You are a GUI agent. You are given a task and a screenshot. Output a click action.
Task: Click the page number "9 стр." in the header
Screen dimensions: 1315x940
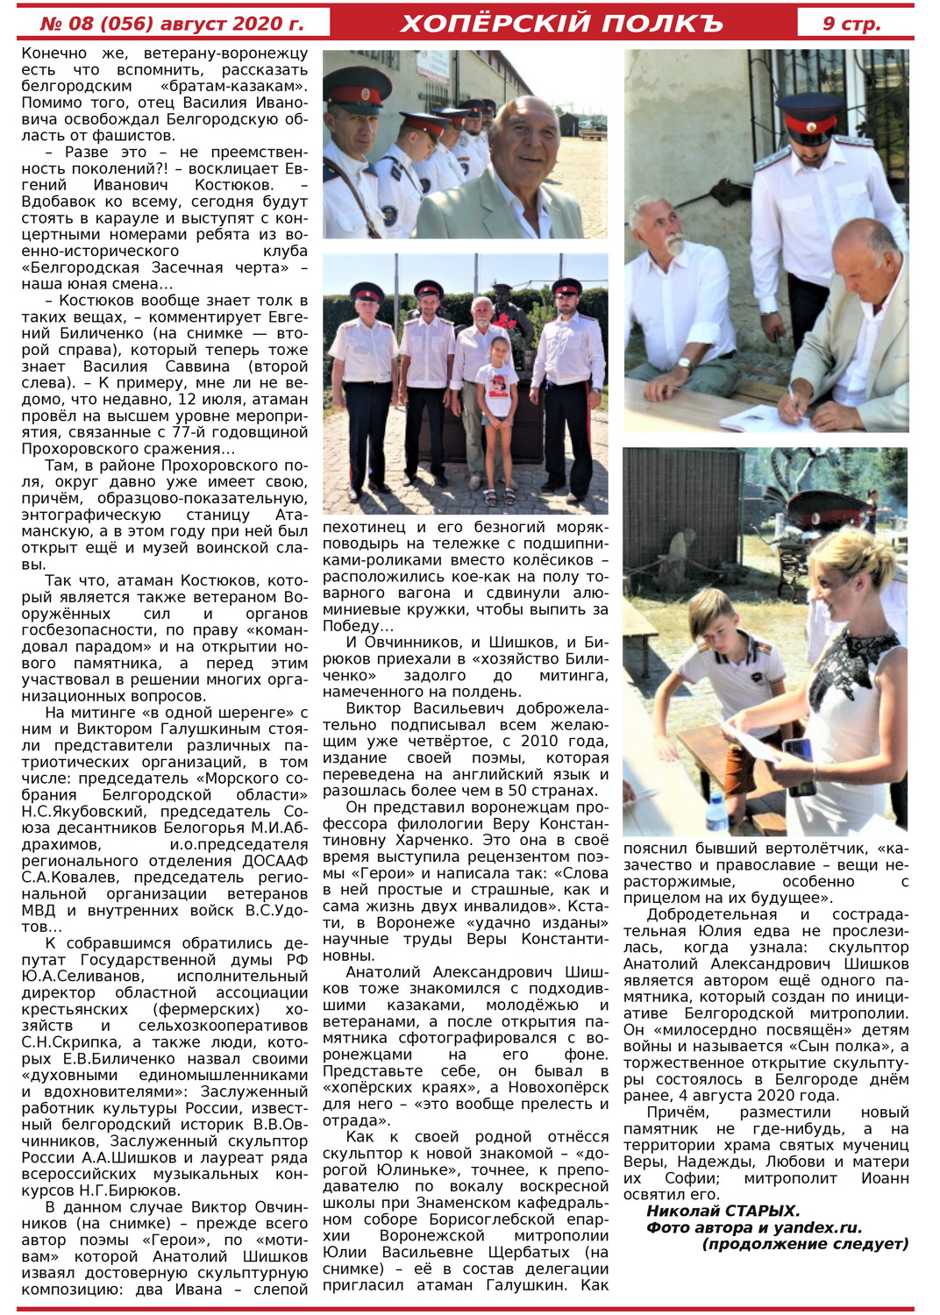pos(851,24)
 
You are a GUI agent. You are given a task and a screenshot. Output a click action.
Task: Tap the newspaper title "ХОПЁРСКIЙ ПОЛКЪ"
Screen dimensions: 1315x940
pos(561,24)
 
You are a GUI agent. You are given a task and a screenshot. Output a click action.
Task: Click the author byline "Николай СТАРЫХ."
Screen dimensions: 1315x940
pos(723,1212)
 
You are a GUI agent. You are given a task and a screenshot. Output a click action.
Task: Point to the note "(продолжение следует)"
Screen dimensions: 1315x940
pos(805,1244)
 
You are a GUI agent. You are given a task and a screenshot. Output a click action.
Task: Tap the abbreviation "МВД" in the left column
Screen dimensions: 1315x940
pos(39,910)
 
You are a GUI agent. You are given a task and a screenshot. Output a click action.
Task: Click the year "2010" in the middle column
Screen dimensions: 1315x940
pos(539,741)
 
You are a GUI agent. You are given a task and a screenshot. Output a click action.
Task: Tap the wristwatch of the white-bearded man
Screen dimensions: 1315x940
pos(683,362)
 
